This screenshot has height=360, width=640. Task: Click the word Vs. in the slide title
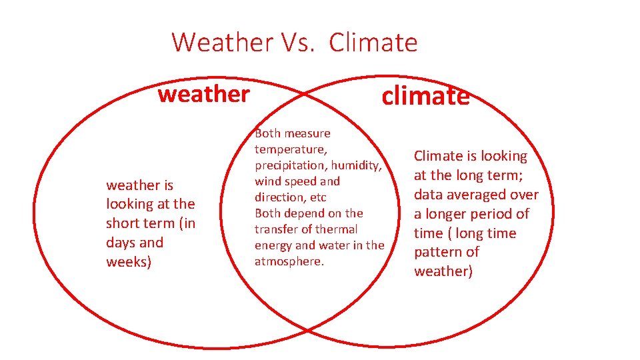click(x=291, y=43)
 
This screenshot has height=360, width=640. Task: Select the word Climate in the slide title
click(x=373, y=43)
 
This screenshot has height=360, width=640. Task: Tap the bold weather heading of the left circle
click(x=203, y=94)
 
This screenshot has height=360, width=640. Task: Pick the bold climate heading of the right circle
click(x=425, y=97)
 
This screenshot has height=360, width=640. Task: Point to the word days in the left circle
click(x=121, y=243)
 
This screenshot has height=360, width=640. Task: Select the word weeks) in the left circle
click(x=129, y=262)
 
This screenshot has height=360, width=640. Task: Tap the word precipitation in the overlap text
click(x=287, y=165)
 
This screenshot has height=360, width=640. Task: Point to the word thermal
click(x=337, y=229)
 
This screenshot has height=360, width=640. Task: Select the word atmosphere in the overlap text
click(x=288, y=261)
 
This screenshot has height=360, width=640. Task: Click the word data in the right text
click(x=428, y=195)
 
